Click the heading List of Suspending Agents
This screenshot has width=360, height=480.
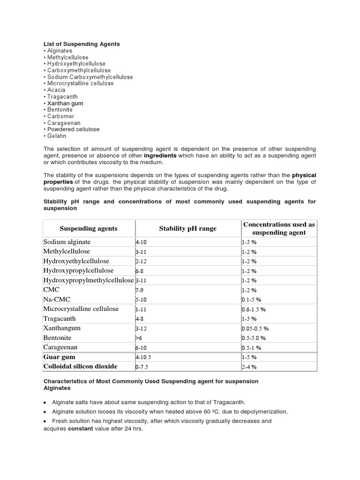coord(82,44)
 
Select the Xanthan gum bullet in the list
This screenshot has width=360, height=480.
coord(65,103)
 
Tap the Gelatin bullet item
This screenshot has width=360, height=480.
coord(57,136)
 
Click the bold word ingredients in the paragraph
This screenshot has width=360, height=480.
coord(160,156)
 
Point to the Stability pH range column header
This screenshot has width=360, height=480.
coord(188,229)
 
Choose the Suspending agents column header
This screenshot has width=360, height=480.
coord(89,229)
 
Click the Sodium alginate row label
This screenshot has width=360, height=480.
coord(67,242)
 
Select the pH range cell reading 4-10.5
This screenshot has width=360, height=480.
coord(143,357)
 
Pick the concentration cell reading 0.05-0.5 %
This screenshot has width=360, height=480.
coord(255,329)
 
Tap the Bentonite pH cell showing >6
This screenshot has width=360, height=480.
coord(138,338)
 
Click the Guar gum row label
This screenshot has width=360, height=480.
coord(59,357)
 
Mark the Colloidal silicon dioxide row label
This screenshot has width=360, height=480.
coord(80,367)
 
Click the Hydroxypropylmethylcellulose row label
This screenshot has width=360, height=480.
coord(89,280)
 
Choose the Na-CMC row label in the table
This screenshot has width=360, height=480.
coord(56,300)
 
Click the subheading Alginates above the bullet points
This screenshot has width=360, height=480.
coord(57,388)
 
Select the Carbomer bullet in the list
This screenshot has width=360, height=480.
coord(60,116)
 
